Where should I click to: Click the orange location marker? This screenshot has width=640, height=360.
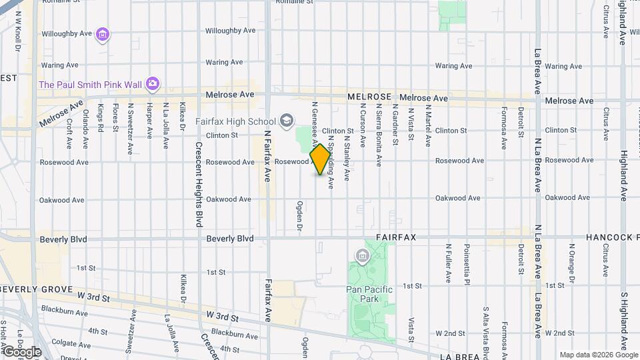click(321, 159)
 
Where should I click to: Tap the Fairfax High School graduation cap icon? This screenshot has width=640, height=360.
click(287, 121)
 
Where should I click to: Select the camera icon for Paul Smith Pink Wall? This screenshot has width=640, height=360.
click(153, 83)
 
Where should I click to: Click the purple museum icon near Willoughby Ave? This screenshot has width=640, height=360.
click(102, 33)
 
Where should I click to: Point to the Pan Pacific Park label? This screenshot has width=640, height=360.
click(369, 289)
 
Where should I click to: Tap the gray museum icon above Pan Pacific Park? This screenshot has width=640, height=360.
click(363, 255)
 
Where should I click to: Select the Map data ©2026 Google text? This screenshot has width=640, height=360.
click(598, 355)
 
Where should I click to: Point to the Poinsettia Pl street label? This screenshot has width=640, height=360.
click(467, 263)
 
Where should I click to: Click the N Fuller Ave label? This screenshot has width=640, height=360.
click(449, 262)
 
